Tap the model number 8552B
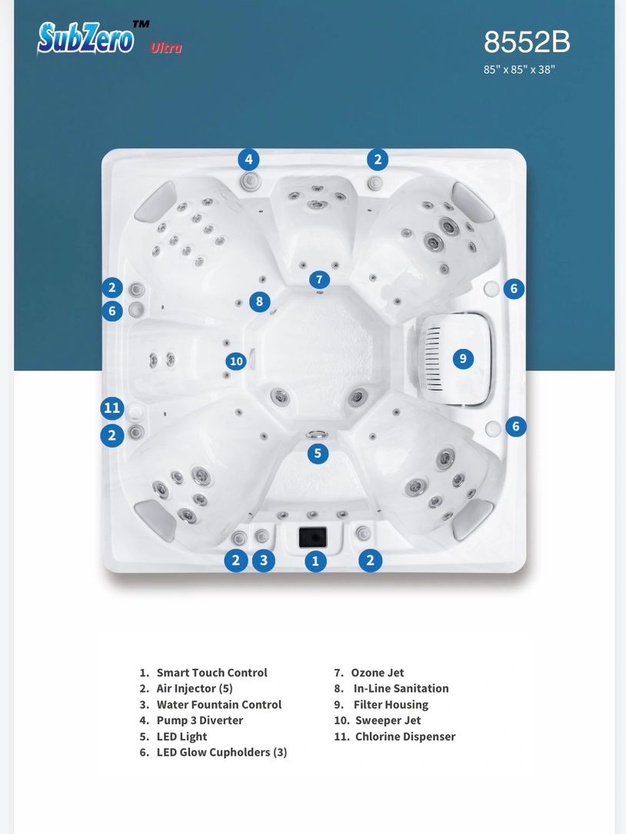527,42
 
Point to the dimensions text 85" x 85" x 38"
519,70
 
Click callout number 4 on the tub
248,159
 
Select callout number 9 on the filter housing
463,358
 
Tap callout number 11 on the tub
112,408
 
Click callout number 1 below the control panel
315,560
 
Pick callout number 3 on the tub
264,560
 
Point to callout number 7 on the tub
319,279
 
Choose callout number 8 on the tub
259,301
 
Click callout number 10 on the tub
236,362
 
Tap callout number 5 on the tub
318,454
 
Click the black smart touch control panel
312,537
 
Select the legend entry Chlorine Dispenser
395,736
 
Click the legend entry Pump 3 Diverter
191,721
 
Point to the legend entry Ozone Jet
369,673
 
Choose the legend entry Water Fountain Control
210,705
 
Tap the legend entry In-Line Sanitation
391,689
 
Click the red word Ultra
165,48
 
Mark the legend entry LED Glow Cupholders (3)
213,753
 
